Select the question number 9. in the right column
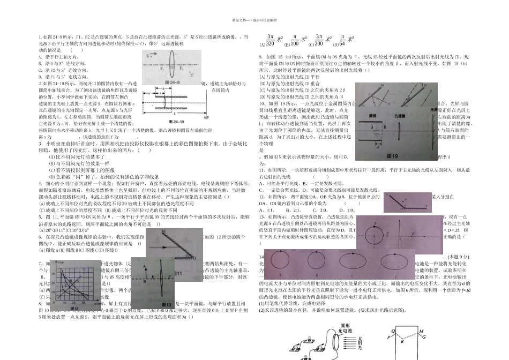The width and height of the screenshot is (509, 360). pyautogui.click(x=261, y=56)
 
